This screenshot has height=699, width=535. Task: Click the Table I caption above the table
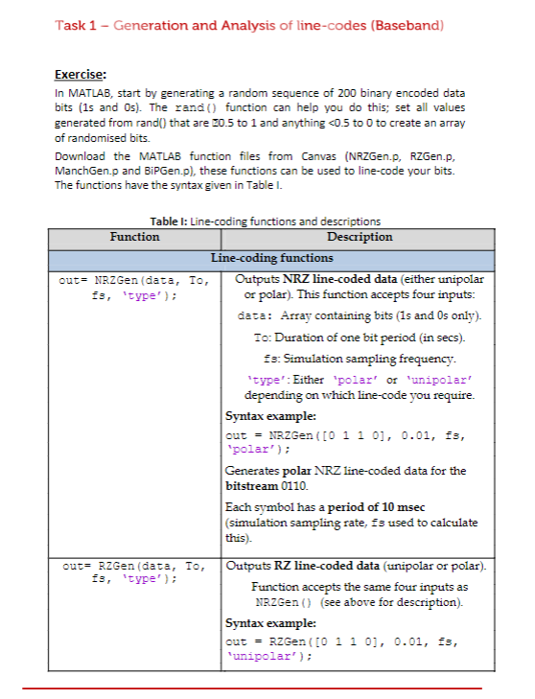click(x=265, y=221)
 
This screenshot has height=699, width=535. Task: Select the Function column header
click(x=134, y=236)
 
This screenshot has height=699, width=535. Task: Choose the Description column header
click(x=359, y=236)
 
